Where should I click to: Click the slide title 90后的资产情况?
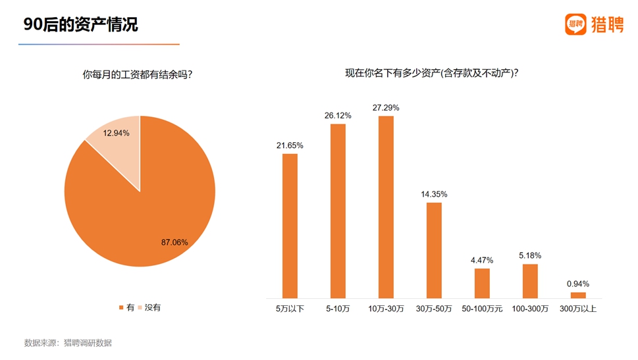point(81,25)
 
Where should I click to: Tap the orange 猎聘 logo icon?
point(575,24)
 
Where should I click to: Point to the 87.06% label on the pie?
point(174,242)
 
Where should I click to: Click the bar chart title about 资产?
point(431,73)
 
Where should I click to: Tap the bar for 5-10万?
point(338,211)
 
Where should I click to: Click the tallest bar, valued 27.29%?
point(386,207)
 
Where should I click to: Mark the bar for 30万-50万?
point(434,250)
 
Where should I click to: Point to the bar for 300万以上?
point(578,295)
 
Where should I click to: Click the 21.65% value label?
point(290,145)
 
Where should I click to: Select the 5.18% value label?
point(530,255)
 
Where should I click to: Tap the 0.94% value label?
point(578,284)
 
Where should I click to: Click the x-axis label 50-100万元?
point(482,309)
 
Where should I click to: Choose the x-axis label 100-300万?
point(530,309)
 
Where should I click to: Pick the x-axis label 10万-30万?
point(386,309)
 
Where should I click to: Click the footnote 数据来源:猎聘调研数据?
point(68,343)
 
